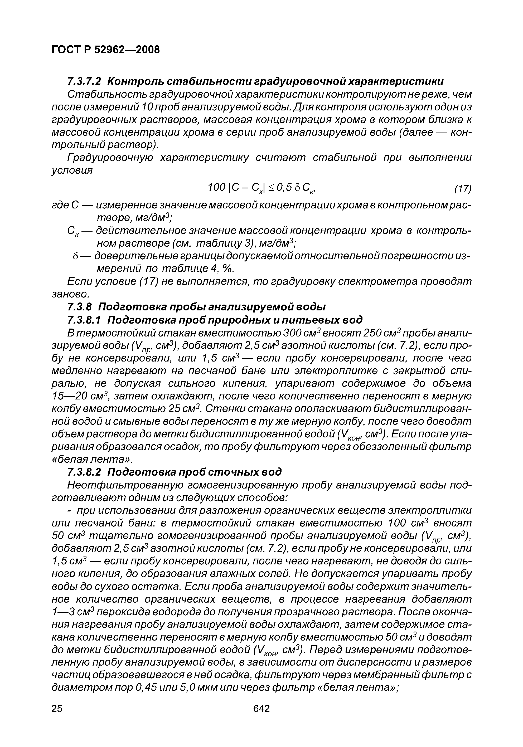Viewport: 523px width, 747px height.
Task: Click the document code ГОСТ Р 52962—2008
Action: coord(106,50)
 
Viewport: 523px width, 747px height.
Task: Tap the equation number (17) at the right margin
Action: coord(463,188)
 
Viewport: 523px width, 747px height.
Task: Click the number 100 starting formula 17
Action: coord(216,187)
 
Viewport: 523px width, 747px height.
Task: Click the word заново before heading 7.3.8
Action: coord(69,294)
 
